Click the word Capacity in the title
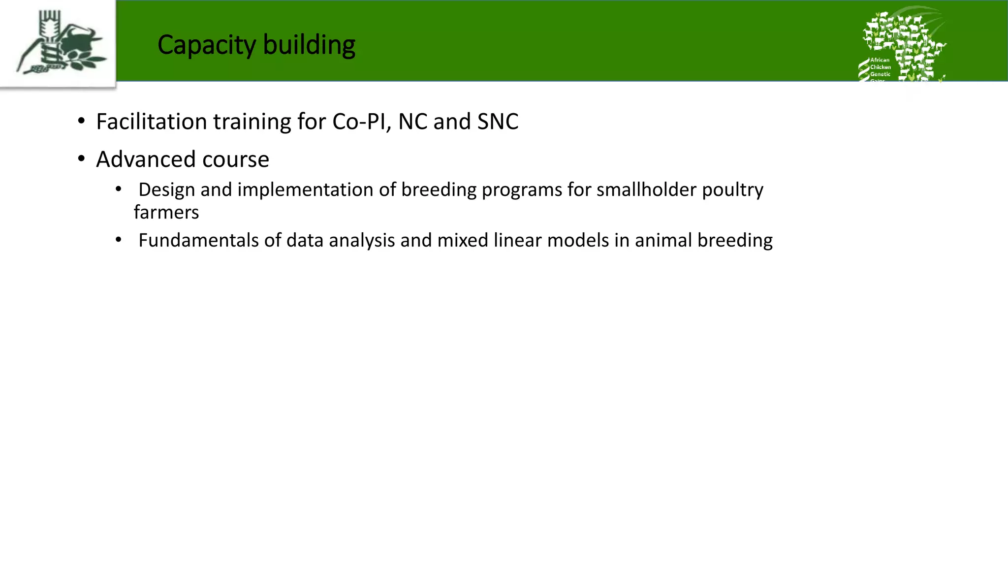[206, 45]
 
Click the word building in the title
[309, 45]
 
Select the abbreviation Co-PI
[361, 122]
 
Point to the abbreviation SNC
[498, 122]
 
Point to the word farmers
[166, 213]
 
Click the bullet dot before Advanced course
[81, 159]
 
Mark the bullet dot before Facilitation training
[81, 121]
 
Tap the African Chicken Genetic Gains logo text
[880, 67]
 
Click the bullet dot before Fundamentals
[118, 240]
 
